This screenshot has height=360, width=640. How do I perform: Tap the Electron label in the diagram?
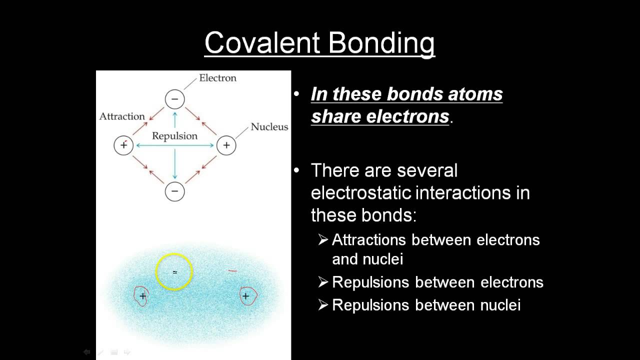pos(217,78)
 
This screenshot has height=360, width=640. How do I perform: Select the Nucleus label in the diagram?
pos(269,127)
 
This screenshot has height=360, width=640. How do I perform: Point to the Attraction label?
pos(122,116)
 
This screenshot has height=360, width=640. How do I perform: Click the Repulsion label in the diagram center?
pos(174,136)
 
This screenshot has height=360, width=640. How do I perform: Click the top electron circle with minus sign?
pos(174,99)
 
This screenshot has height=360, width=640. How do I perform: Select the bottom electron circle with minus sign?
pos(174,191)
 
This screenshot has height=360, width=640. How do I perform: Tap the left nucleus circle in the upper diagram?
pos(123,145)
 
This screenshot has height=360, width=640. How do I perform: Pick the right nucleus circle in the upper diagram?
pos(226,145)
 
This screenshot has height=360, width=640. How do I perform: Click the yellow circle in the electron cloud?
pos(174,272)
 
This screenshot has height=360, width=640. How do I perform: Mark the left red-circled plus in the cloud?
pos(142,296)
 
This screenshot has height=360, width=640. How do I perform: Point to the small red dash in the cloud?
pos(232,271)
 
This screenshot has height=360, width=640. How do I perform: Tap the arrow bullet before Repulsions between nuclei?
pos(323,305)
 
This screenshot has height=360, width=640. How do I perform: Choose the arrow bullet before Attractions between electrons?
pos(323,240)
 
